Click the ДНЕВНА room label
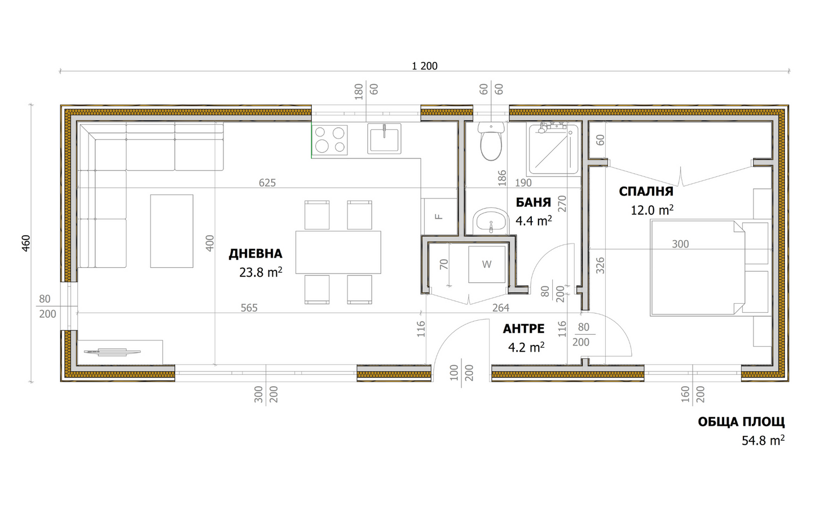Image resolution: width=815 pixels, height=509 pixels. pyautogui.click(x=255, y=254)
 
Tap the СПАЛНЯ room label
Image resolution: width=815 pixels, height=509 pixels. pyautogui.click(x=646, y=191)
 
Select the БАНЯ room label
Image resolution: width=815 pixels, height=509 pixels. pyautogui.click(x=533, y=203)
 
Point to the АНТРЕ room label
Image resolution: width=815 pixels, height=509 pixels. pyautogui.click(x=523, y=329)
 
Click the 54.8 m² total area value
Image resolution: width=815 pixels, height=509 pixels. pyautogui.click(x=763, y=440)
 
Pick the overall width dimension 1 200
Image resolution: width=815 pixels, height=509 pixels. pyautogui.click(x=424, y=66)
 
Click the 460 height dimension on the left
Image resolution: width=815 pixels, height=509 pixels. pyautogui.click(x=26, y=243)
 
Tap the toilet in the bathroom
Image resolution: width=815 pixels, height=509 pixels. pyautogui.click(x=491, y=142)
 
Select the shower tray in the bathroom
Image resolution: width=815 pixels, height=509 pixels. pyautogui.click(x=553, y=149)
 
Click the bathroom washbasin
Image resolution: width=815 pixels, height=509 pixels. pyautogui.click(x=490, y=220)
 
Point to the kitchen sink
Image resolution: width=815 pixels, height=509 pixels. pyautogui.click(x=384, y=139)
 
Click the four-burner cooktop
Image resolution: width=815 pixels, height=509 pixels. pyautogui.click(x=330, y=140)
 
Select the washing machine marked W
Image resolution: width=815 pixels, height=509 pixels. pyautogui.click(x=487, y=264)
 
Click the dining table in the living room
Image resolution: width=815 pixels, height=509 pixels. pyautogui.click(x=338, y=252)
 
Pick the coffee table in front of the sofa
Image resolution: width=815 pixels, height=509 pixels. pyautogui.click(x=171, y=231)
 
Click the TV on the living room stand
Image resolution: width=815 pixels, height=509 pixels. pyautogui.click(x=112, y=352)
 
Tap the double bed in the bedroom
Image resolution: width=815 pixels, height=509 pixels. pyautogui.click(x=697, y=267)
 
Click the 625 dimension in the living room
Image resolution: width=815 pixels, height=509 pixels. pyautogui.click(x=267, y=183)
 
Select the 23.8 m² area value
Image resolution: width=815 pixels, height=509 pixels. pyautogui.click(x=261, y=272)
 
